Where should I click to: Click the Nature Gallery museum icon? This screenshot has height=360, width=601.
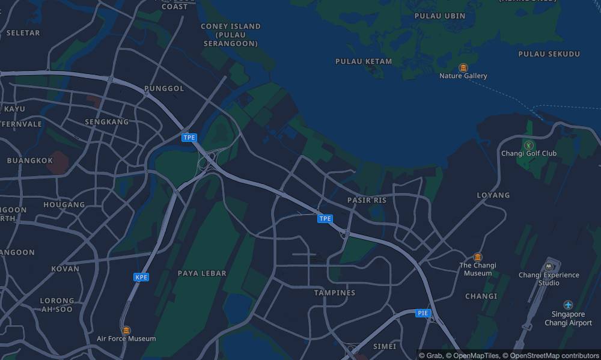463,67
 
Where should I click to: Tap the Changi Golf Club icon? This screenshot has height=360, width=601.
528,145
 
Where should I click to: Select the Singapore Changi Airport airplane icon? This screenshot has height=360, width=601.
568,305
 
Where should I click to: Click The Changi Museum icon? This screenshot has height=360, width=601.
478,257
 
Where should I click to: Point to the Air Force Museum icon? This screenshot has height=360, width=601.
126,330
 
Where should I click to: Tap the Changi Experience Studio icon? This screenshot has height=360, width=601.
548,266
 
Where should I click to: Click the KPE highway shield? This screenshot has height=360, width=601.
141,277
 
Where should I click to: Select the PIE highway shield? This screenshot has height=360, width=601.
424,313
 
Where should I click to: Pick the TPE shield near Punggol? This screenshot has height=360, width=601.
189,138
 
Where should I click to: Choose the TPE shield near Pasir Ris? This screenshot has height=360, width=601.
325,219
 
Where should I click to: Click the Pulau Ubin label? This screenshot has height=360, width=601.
446,16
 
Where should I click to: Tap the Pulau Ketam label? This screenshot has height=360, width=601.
364,61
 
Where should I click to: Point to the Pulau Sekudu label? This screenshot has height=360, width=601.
549,54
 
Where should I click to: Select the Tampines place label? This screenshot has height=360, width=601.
335,293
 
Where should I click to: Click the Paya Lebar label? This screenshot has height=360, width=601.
202,273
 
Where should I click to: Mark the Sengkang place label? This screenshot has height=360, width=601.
107,121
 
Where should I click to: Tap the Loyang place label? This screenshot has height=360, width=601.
493,195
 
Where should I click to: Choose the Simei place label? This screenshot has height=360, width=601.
385,346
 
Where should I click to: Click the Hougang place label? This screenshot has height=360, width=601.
64,204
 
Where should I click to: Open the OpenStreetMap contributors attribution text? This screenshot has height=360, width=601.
550,355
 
